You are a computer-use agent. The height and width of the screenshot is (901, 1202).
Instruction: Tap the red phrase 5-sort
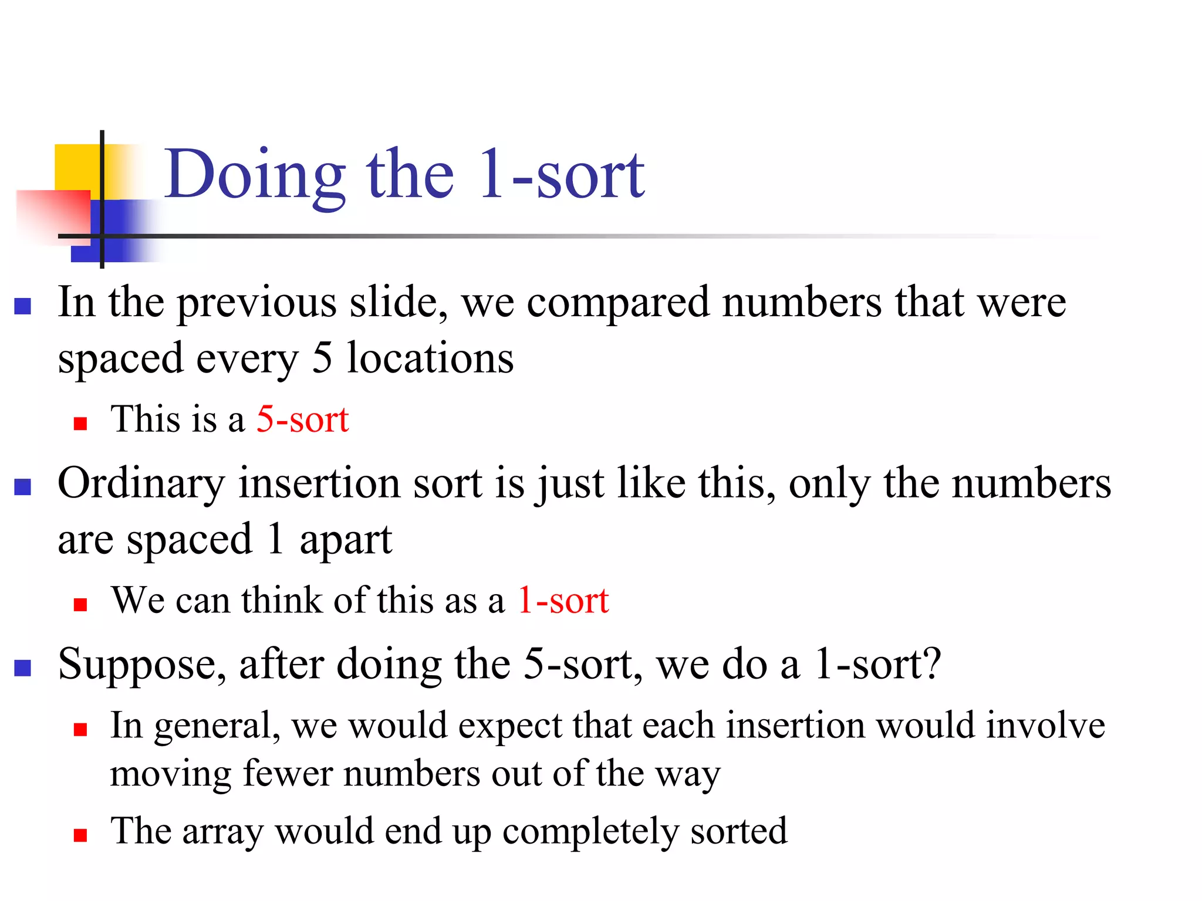pyautogui.click(x=302, y=419)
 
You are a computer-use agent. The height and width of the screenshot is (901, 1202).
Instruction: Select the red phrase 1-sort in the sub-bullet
pyautogui.click(x=563, y=600)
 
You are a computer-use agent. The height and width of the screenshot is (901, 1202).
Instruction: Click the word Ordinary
pyautogui.click(x=141, y=485)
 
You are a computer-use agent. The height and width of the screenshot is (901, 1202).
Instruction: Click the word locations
pyautogui.click(x=430, y=358)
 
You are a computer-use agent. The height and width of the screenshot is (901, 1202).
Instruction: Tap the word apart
pyautogui.click(x=346, y=540)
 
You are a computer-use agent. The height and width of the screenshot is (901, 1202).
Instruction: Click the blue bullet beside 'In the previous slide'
pyautogui.click(x=22, y=306)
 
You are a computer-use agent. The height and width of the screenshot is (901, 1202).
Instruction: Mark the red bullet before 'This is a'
pyautogui.click(x=80, y=424)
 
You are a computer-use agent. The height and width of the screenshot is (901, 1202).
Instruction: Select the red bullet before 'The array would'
pyautogui.click(x=80, y=835)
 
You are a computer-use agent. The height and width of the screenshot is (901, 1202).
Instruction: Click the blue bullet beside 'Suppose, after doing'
pyautogui.click(x=22, y=668)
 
